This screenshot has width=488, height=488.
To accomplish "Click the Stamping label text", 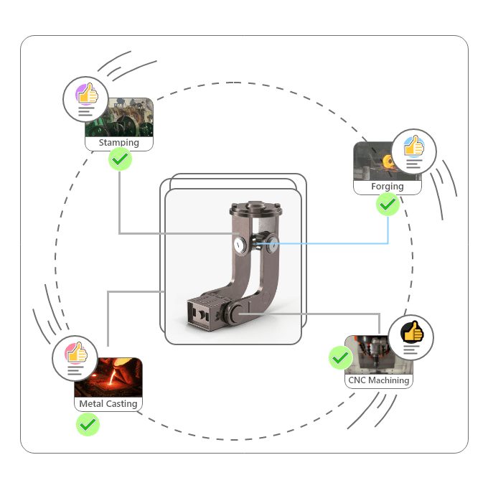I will tap(119, 143).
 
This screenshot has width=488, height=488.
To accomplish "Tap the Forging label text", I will tap(387, 187).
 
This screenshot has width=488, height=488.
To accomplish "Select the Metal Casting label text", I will tap(108, 404).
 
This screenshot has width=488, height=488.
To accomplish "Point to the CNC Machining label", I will tap(378, 380).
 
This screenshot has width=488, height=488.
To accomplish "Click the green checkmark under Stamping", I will tap(121, 159).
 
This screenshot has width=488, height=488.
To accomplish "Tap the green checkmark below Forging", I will tap(388, 205).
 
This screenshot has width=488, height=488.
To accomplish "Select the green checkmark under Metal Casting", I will tap(88, 425).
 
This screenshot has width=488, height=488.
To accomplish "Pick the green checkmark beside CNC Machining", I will tap(340, 357).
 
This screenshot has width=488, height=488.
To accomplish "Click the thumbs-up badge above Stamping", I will tap(86, 99).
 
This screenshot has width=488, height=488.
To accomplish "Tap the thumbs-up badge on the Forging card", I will tap(413, 151).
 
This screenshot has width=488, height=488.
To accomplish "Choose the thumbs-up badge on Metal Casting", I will tap(75, 357).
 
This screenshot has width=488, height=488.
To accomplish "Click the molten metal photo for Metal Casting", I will tap(109, 379).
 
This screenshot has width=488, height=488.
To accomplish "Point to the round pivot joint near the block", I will tap(235, 313).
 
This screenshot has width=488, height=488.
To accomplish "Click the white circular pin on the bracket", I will tap(238, 245).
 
